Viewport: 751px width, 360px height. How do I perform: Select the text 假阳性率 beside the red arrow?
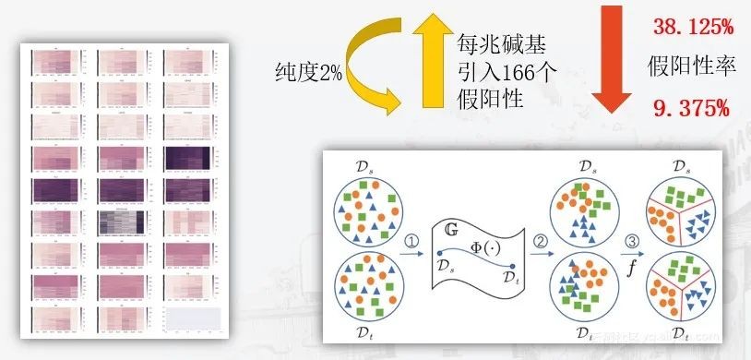coord(689,67)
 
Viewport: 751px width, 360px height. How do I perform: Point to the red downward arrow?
coord(609,60)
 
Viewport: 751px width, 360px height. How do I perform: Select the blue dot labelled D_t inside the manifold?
coord(512,267)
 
